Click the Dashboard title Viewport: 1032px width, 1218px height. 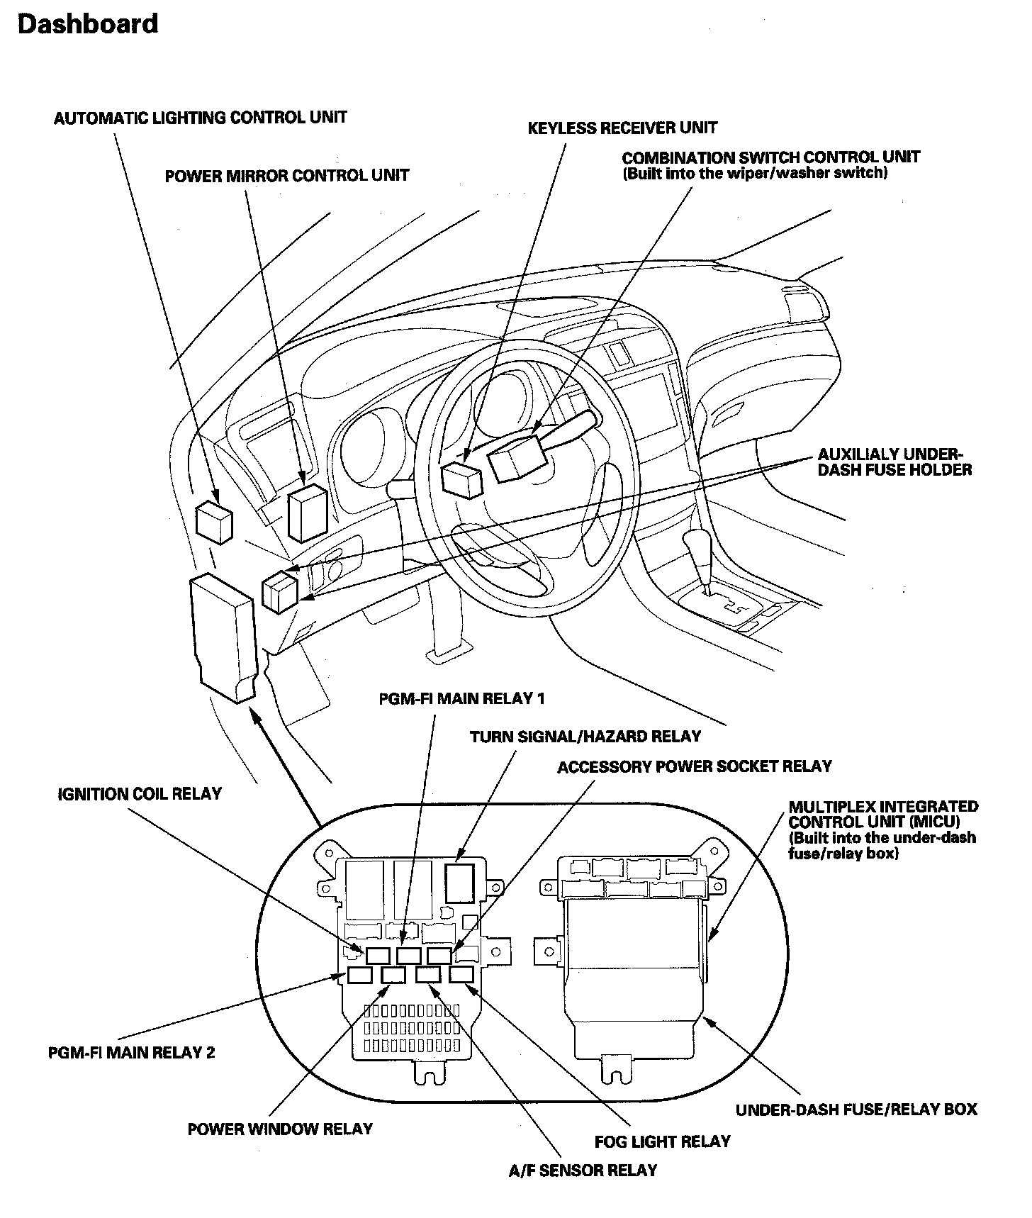88,24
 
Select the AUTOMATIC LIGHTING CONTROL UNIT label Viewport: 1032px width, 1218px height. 201,117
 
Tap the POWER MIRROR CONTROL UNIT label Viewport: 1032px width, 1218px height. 287,176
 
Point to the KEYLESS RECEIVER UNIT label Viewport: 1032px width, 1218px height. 622,128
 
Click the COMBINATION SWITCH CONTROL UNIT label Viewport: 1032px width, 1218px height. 770,157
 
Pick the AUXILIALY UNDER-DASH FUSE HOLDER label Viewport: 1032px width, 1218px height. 894,462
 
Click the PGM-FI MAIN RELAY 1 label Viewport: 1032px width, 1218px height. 461,698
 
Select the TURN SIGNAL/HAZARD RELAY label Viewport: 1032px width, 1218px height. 585,737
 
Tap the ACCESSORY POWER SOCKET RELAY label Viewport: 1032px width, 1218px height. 695,766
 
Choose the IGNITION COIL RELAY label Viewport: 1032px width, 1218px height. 140,794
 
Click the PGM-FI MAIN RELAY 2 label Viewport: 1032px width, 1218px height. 132,1053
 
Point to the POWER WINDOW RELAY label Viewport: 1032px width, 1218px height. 280,1129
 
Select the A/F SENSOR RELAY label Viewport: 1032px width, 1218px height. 583,1170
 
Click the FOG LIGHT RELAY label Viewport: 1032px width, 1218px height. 662,1141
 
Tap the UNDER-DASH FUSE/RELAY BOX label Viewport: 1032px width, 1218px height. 856,1110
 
